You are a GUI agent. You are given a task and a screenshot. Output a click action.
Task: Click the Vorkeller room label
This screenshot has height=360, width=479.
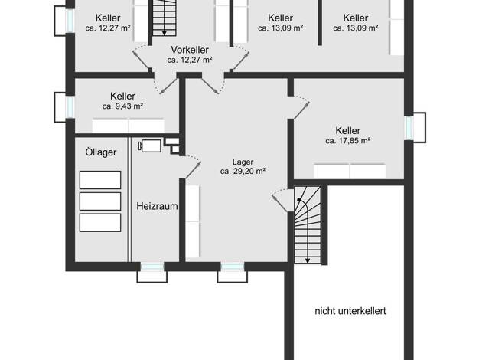190,50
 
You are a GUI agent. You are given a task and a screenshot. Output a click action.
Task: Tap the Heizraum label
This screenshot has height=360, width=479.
157,206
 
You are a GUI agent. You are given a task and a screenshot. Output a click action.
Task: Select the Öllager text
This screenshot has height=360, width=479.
101,152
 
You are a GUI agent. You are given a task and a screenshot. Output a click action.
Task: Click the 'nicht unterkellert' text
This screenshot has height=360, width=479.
350,311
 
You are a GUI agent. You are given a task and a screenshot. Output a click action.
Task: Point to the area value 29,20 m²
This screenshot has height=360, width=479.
243,171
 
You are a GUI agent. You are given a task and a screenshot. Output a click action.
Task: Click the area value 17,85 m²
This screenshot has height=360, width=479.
348,141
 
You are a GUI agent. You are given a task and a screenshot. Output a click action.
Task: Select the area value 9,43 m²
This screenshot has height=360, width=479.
122,106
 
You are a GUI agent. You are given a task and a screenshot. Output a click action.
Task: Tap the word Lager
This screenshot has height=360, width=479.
243,162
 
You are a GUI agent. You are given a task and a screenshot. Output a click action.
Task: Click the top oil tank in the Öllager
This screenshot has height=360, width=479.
100,180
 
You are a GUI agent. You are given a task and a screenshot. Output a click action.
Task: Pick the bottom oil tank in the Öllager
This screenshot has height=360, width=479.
100,223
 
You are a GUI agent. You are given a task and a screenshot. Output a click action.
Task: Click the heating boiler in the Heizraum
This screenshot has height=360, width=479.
150,146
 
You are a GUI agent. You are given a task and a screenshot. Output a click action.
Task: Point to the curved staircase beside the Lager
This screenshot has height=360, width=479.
308,225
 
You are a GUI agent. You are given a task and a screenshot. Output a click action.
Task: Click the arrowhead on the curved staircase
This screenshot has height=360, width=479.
308,261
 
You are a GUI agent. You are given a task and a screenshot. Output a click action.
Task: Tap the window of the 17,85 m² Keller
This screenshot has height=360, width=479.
409,128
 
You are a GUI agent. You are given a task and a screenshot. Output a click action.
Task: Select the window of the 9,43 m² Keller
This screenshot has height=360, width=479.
70,107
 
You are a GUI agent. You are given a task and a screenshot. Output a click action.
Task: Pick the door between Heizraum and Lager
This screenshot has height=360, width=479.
192,167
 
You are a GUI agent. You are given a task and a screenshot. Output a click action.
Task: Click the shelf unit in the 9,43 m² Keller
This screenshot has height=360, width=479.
129,126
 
